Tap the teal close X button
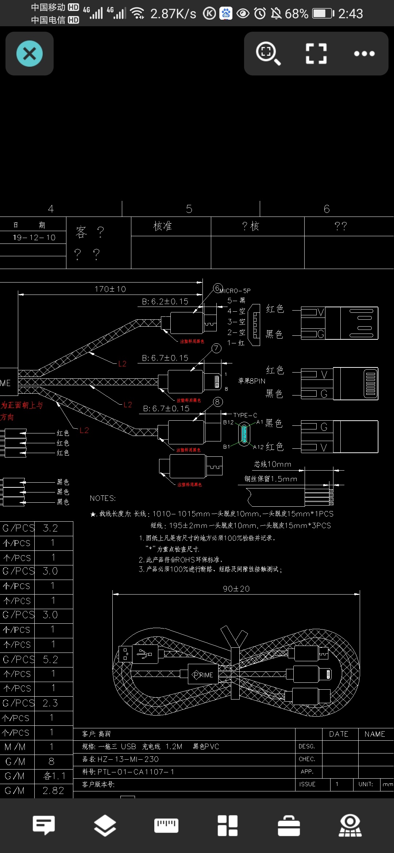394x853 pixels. point(30,54)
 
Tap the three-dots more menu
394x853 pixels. point(364,54)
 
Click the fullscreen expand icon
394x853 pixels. point(316,54)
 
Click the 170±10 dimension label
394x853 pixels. point(110,289)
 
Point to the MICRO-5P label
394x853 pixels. point(235,291)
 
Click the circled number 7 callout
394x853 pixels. point(216,348)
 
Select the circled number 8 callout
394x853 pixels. point(217,402)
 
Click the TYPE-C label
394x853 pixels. point(245,415)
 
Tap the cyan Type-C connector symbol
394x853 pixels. point(244,434)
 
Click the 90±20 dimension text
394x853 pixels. point(236,589)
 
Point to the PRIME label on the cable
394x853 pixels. point(203,675)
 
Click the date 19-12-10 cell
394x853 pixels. point(34,238)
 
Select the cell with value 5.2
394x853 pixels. point(50,659)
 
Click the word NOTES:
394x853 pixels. point(103,498)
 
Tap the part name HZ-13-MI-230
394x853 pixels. point(128,759)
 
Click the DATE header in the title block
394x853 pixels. point(339,734)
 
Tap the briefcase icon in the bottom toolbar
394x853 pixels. point(289,825)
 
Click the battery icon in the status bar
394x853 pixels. point(323,14)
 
